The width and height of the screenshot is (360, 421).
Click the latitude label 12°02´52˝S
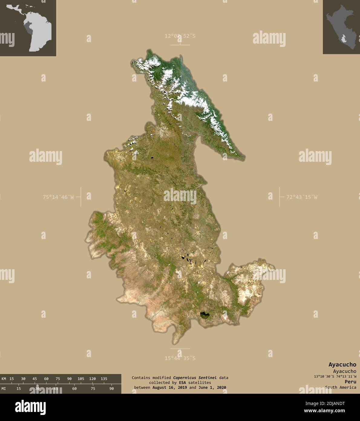coord(180,36)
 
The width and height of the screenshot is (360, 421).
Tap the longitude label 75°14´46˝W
coord(58,197)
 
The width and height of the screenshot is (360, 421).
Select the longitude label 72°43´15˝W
coord(302,197)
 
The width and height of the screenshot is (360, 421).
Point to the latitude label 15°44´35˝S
coord(180,358)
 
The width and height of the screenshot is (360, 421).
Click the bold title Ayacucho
coord(342,365)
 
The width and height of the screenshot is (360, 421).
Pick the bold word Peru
coord(350,382)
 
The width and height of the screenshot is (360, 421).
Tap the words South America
coord(341,387)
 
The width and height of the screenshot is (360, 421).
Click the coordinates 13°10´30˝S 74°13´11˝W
coord(335,376)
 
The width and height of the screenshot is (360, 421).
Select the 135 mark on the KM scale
coord(104,379)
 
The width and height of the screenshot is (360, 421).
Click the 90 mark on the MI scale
coord(111,389)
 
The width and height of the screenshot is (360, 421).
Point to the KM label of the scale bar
coord(4,379)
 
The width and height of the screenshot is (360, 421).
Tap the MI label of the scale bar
coord(4,389)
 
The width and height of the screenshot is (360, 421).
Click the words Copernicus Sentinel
coord(195,378)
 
